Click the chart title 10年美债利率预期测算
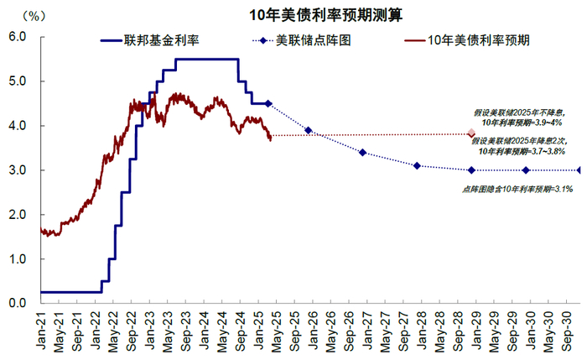(x=325, y=15)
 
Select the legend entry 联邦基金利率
(x=161, y=40)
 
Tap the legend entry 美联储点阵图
(x=314, y=40)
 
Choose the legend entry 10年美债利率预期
(x=479, y=40)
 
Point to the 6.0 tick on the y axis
(x=18, y=37)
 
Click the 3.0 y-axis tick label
(x=18, y=170)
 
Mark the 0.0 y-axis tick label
(x=18, y=303)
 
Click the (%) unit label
(x=34, y=16)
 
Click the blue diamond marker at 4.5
(x=268, y=103)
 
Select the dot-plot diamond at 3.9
(x=308, y=130)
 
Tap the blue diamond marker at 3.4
(x=362, y=153)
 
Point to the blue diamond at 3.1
(x=417, y=165)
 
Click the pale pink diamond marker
(x=471, y=133)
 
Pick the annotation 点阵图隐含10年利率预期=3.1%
(x=517, y=190)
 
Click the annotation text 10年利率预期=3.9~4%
(x=522, y=123)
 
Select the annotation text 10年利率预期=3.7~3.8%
(x=522, y=151)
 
